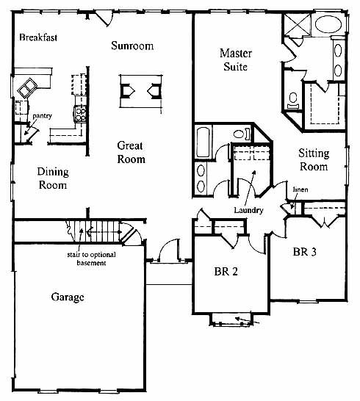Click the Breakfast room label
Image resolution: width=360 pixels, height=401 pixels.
click(38, 37)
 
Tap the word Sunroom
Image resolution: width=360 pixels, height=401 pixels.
click(132, 46)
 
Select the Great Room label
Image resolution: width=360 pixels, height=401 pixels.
click(132, 153)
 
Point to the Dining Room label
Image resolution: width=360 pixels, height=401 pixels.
click(53, 178)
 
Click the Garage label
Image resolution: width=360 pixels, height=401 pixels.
click(68, 297)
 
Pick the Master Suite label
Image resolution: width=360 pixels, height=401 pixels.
click(236, 59)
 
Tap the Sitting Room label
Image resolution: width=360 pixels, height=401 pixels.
click(314, 160)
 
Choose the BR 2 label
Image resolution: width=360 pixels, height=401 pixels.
click(226, 271)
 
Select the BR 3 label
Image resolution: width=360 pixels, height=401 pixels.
click(304, 252)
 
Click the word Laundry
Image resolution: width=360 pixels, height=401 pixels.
click(248, 210)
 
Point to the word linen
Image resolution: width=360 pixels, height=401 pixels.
click(300, 189)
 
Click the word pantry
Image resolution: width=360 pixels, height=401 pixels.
click(42, 116)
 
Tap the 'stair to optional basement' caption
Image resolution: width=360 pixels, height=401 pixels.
click(91, 259)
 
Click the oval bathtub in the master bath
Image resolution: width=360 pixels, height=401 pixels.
click(328, 24)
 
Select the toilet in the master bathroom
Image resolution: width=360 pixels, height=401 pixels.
click(293, 101)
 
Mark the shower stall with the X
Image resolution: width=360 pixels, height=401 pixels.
click(297, 24)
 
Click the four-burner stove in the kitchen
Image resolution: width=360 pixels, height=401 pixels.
click(80, 114)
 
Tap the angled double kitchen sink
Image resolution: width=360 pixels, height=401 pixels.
click(27, 87)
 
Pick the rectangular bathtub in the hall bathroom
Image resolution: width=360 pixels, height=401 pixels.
click(204, 142)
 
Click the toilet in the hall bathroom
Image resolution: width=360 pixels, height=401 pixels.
click(242, 134)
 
